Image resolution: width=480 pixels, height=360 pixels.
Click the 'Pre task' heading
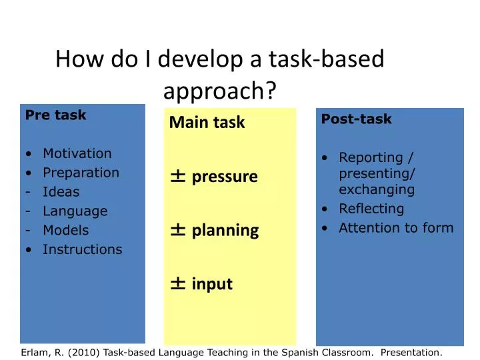pos(55,115)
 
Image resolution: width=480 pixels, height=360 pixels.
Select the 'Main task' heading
pos(207,123)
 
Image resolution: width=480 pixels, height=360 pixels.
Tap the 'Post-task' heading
pos(356,119)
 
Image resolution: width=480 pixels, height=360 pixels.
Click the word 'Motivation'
pos(77,153)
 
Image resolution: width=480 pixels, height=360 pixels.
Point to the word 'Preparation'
pos(81,173)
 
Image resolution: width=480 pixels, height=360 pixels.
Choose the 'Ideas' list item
pos(61,192)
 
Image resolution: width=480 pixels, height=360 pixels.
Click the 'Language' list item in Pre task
pos(75,211)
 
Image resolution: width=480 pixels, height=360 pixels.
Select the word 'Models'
pos(65,231)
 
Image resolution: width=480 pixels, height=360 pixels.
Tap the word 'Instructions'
pos(82,250)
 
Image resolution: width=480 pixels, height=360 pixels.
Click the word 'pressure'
pos(225,177)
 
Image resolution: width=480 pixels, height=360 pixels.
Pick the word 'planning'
pos(225,231)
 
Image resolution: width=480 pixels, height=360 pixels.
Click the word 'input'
pos(212,285)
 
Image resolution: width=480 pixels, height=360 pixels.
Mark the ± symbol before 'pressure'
pos(178,176)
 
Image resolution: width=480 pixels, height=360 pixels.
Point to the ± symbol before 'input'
pos(178,284)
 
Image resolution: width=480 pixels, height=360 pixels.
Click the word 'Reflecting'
pos(371,209)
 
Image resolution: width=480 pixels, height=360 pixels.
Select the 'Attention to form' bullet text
pos(396,228)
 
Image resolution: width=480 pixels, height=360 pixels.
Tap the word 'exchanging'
pos(377,190)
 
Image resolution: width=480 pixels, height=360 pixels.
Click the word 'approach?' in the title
pos(220,91)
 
